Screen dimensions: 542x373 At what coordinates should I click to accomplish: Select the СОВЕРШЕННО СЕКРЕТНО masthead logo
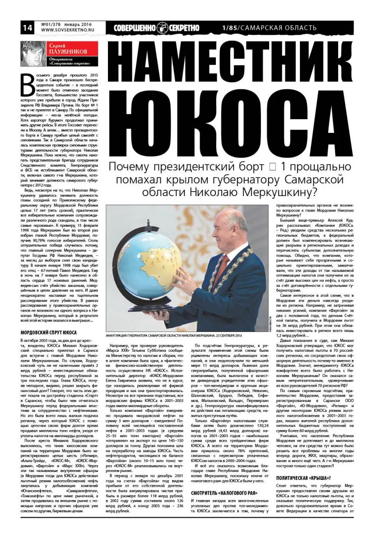coord(156,28)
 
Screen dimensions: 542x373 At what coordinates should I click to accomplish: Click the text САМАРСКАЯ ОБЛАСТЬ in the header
coord(278,28)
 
